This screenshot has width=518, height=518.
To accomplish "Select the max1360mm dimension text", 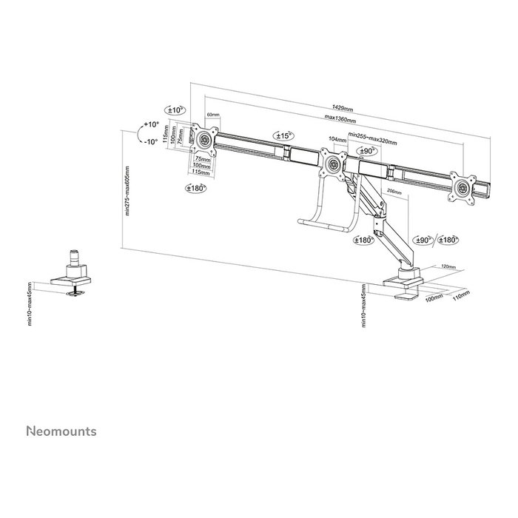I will coord(340,121).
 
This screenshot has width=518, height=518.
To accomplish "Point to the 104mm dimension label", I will coord(336,140).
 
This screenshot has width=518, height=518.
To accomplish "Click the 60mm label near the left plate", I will coord(213,115).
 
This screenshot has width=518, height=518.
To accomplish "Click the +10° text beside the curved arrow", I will coord(152,124).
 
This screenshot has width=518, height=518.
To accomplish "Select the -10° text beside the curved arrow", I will coord(151,142).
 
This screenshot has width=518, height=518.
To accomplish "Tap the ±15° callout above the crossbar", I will coord(283,135).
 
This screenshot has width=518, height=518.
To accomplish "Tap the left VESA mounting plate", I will coord(203,138).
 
